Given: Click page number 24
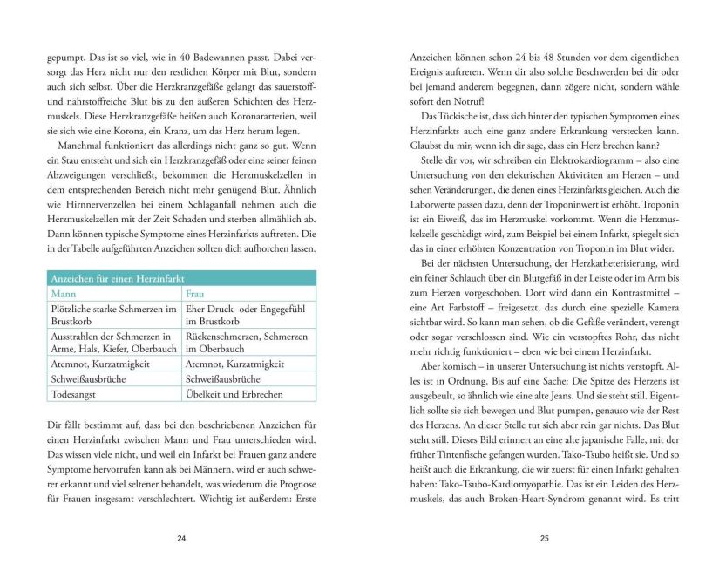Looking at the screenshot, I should coord(181,538).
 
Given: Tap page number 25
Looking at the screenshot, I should coord(544,538).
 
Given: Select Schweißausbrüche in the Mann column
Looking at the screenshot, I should coord(89,379).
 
